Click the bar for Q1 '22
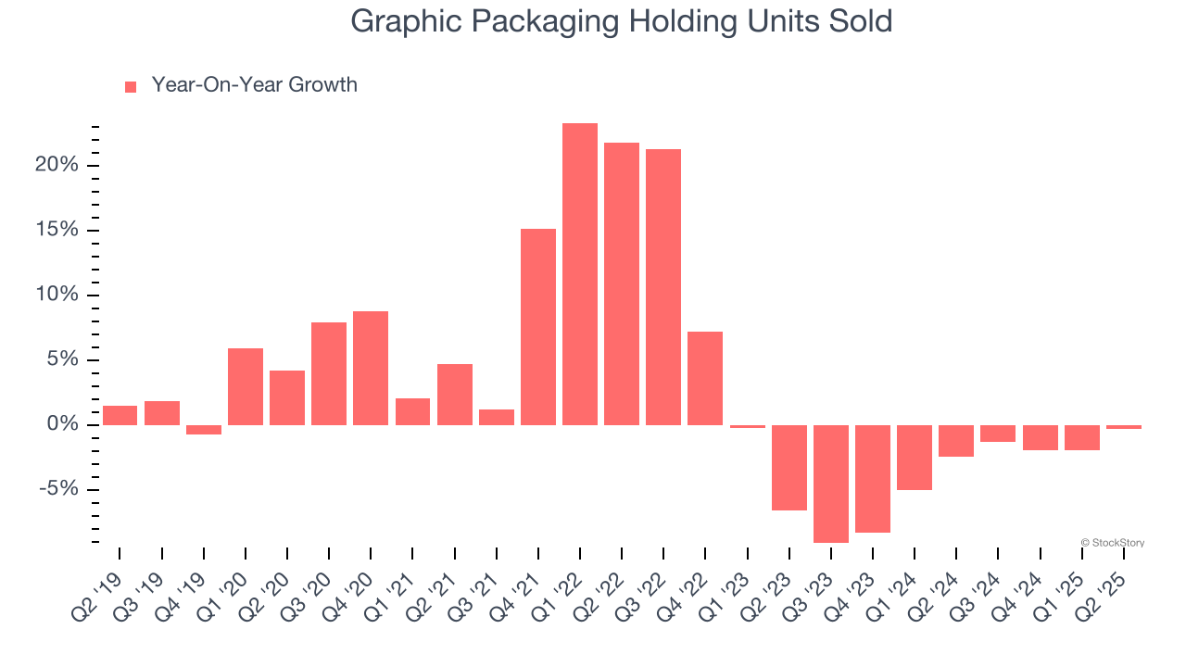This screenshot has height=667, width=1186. coord(580,274)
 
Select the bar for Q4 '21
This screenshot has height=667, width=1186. coord(538,327)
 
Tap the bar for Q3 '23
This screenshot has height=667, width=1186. coord(831,484)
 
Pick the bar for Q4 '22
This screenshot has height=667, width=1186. coord(705,378)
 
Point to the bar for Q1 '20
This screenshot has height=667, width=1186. coord(246,386)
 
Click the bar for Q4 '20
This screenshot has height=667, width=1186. coord(371,368)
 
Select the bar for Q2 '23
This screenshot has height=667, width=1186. coord(789,468)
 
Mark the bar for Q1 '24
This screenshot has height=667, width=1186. coord(915,458)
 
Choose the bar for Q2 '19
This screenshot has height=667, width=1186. coord(120,415)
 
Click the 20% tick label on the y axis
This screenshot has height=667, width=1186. coord(57,166)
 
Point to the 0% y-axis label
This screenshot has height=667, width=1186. coord(63,425)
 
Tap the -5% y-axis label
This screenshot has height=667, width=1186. coord(59,490)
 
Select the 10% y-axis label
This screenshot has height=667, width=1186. coord(57,296)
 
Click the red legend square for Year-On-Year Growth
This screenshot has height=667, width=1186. coord(131,86)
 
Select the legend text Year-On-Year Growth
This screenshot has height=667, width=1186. coord(254,85)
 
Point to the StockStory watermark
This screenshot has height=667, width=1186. coord(1113,543)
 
